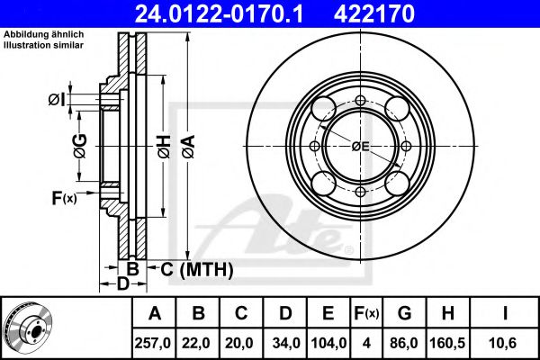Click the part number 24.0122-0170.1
click(x=219, y=14)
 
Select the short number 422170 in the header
click(x=374, y=14)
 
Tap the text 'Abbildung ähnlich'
click(x=44, y=34)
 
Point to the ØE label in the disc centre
click(x=361, y=147)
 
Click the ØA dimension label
click(x=189, y=147)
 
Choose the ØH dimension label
click(x=165, y=147)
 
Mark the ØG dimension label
click(x=80, y=146)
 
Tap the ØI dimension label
click(x=57, y=100)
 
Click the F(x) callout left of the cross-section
click(x=65, y=198)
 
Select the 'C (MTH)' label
click(x=196, y=269)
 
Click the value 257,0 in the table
click(x=153, y=343)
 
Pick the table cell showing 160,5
click(x=447, y=343)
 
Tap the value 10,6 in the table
click(x=503, y=343)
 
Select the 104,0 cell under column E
click(x=328, y=343)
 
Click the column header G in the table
click(x=404, y=313)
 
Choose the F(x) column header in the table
click(x=366, y=313)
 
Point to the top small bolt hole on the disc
click(x=360, y=101)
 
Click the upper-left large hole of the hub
click(x=324, y=109)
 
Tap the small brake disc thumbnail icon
click(x=29, y=327)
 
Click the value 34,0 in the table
click(x=286, y=343)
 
